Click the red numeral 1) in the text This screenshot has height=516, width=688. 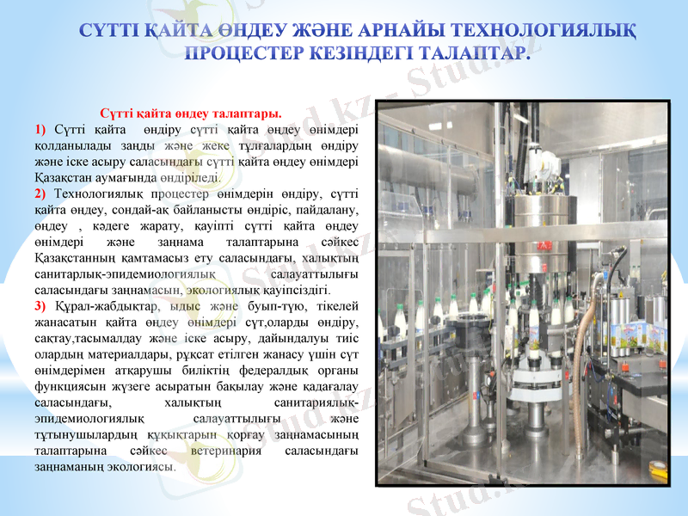pos(40,129)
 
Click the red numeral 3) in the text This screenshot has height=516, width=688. pos(40,306)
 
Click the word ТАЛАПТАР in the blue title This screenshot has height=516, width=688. pos(470,53)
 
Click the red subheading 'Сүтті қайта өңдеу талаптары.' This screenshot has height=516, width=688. pos(191,114)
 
